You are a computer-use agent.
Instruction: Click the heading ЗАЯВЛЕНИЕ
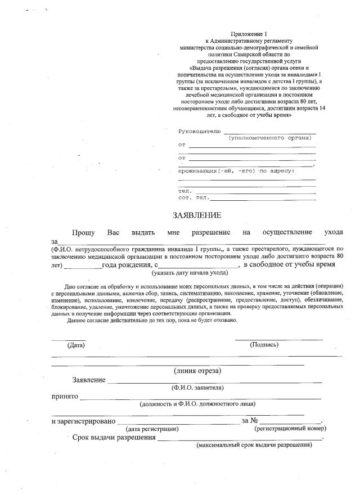[x=197, y=215]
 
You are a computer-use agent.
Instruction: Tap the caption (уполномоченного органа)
[x=269, y=138]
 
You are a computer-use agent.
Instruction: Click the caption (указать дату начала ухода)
[x=190, y=273]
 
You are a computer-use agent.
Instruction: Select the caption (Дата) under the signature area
[x=75, y=345]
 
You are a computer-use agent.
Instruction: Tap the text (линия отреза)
[x=197, y=370]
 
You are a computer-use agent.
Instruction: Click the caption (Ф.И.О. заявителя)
[x=197, y=388]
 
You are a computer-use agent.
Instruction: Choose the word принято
[x=64, y=396]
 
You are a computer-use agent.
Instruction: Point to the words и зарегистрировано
[x=83, y=421]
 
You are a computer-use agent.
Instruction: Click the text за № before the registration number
[x=250, y=421]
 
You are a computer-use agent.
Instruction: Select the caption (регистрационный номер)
[x=290, y=429]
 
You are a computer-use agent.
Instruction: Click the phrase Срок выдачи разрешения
[x=114, y=438]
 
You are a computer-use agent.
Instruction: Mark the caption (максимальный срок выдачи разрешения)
[x=254, y=445]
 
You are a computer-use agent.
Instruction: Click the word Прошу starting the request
[x=83, y=232]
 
